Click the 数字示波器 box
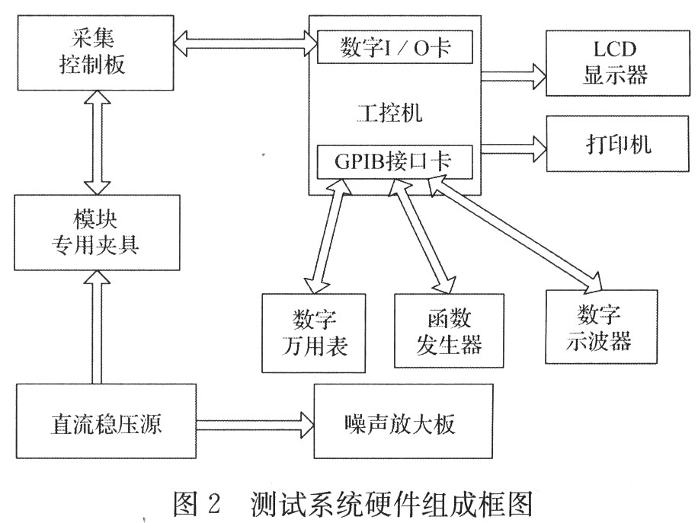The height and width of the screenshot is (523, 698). pyautogui.click(x=600, y=326)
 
